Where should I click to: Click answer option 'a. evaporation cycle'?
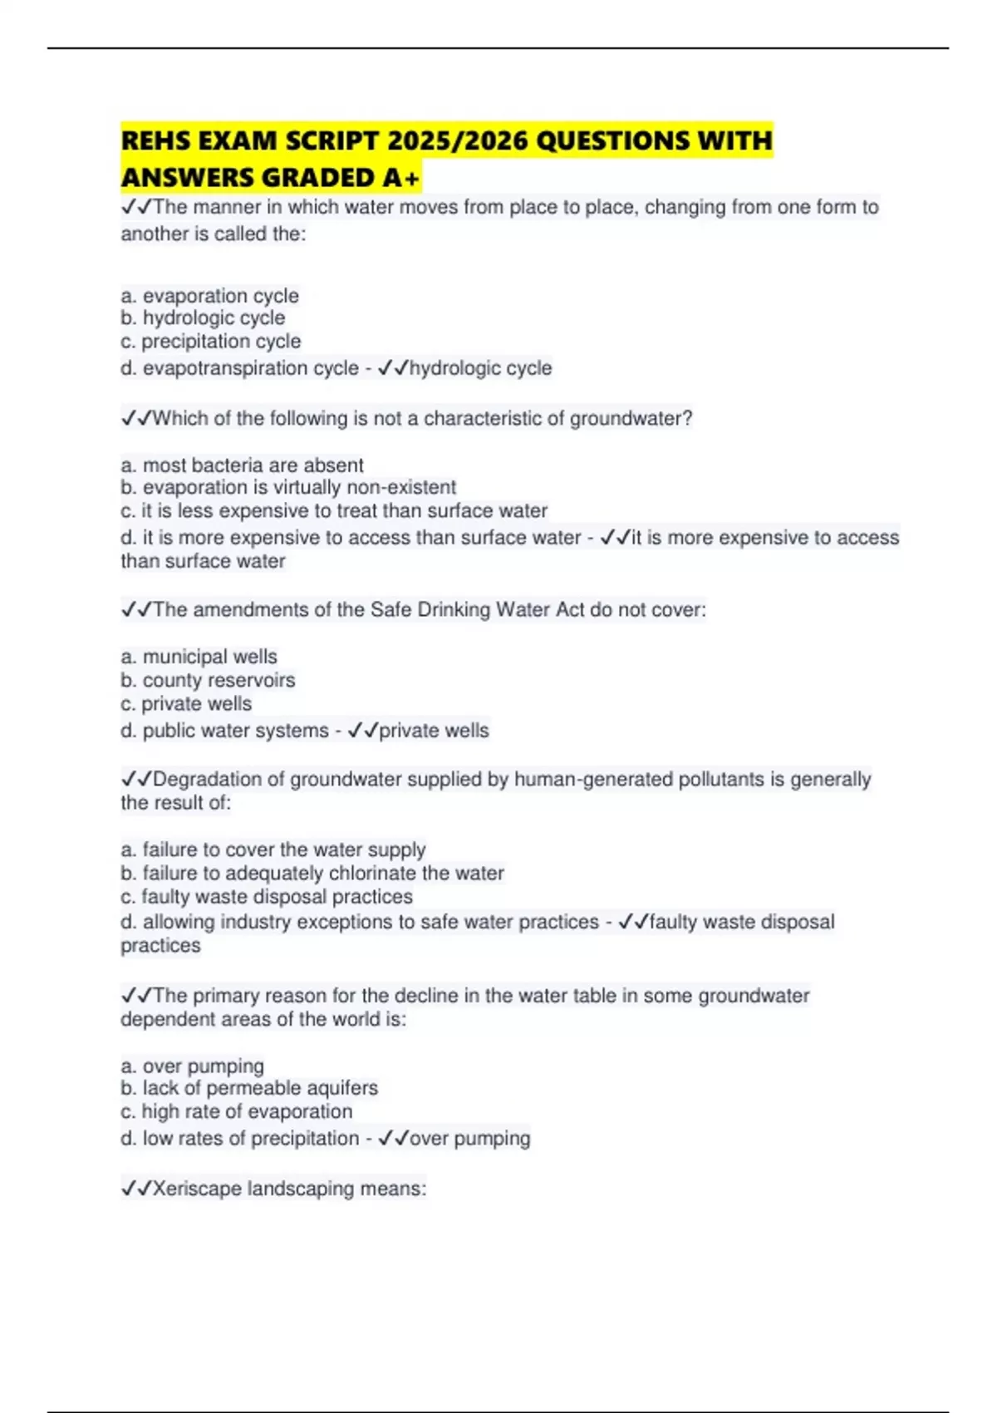tap(209, 296)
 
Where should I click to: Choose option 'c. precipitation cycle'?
tap(210, 342)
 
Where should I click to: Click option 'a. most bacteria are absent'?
tap(242, 465)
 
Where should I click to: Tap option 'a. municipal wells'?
tap(199, 657)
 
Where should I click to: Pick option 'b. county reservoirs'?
tap(208, 681)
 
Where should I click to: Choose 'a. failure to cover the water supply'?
tap(273, 850)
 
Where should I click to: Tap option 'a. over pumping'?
tap(192, 1066)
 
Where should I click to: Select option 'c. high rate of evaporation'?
tap(236, 1112)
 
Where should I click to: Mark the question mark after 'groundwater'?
tap(687, 419)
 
